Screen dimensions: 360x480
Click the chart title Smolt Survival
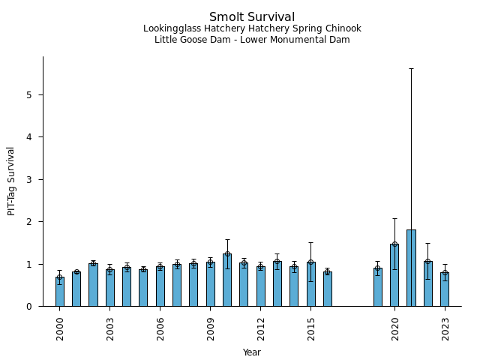point(252,17)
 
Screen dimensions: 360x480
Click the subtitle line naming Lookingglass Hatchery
point(252,28)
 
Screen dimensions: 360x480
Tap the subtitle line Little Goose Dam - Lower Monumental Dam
point(252,40)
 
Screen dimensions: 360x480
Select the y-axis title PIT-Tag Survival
point(11,181)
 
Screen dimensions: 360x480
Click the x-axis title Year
point(252,352)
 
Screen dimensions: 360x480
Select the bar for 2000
point(60,292)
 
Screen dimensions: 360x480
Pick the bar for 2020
point(394,275)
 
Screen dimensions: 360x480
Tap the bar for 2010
point(227,280)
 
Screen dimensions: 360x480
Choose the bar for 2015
point(310,284)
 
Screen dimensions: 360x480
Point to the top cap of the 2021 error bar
point(411,68)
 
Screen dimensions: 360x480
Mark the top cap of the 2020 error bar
point(394,218)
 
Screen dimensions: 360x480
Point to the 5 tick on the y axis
point(43,95)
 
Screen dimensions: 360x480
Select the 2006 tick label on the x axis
point(160,328)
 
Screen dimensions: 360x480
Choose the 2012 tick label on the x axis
point(261,328)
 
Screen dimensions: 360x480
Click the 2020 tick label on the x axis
point(394,328)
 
